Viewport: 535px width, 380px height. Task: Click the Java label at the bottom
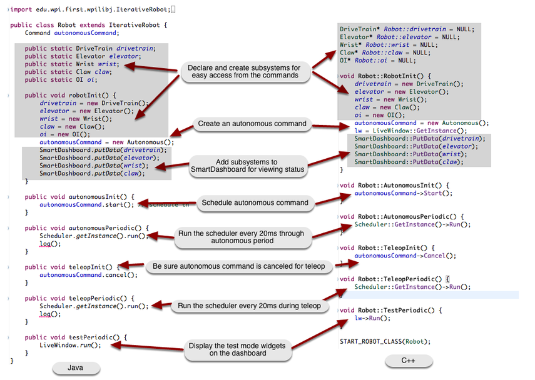[75, 368]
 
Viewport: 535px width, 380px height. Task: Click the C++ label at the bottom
[408, 361]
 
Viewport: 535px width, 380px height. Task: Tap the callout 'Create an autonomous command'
[252, 124]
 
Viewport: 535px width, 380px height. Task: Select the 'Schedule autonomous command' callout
[255, 203]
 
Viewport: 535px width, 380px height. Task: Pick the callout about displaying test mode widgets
[237, 349]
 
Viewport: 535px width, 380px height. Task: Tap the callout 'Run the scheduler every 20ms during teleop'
[249, 306]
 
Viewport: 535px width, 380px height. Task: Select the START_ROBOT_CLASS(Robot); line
[385, 341]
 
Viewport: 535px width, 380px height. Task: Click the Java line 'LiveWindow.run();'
[70, 345]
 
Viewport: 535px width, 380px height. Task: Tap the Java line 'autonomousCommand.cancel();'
[88, 275]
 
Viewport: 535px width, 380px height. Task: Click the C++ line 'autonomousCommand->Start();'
[403, 194]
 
